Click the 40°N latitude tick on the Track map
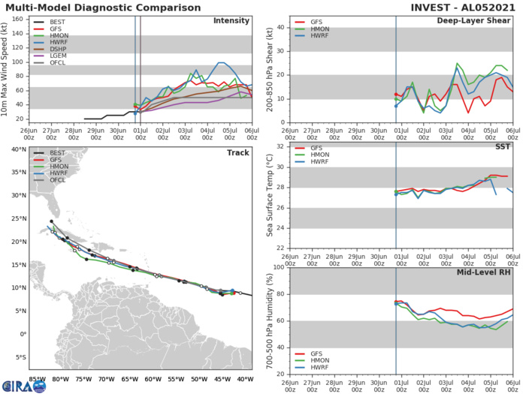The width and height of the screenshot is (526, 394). click(18, 149)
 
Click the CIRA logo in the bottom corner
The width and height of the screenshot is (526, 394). click(23, 384)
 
